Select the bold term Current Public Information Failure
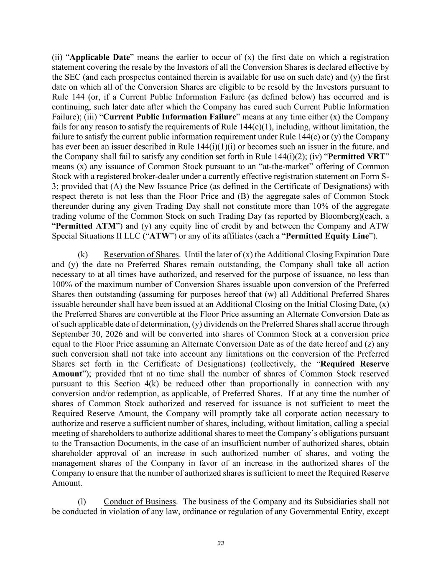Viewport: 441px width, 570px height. coord(169,117)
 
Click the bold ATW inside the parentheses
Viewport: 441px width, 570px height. coord(159,236)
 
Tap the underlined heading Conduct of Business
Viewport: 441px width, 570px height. coord(140,502)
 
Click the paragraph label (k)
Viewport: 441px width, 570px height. coord(83,255)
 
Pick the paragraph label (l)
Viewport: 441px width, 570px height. coord(82,502)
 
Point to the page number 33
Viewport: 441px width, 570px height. coord(221,543)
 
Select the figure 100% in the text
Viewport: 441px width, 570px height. coord(61,284)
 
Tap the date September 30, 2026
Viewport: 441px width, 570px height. coord(87,334)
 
